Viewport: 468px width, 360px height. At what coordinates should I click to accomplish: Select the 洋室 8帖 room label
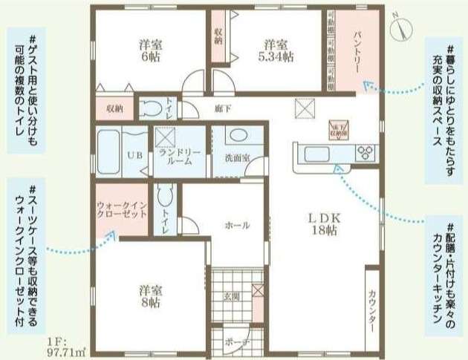149,296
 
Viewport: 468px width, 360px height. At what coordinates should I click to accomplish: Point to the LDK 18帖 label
324,225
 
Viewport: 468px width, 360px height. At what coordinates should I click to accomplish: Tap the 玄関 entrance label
231,296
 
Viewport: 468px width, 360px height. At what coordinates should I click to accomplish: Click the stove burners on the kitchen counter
366,154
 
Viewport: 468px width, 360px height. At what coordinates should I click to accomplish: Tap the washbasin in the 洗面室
237,138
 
